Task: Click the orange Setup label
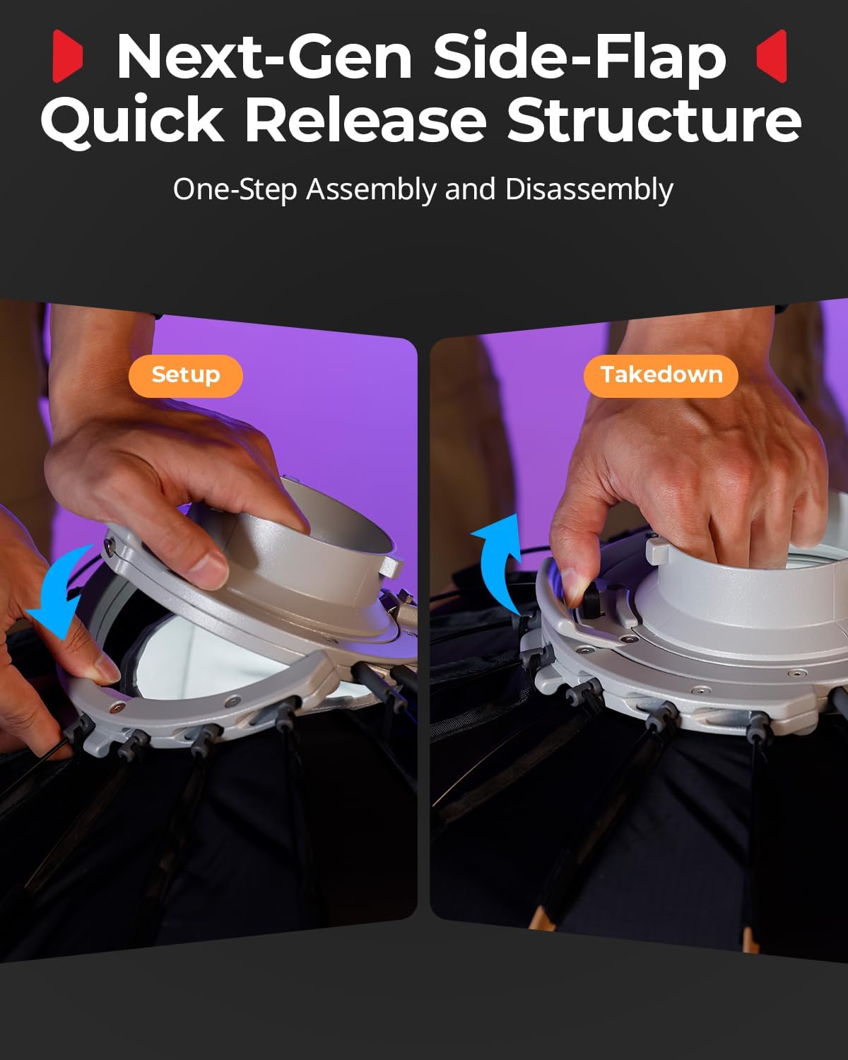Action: pos(186,376)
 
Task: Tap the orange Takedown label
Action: pos(661,376)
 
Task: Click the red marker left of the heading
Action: pos(67,56)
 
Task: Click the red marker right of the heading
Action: pos(772,56)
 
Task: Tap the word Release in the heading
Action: pos(365,119)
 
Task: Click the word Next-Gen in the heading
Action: pos(264,56)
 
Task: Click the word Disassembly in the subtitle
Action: pos(589,189)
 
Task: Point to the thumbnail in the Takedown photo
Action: pos(570,585)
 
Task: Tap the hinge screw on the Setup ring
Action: pos(110,546)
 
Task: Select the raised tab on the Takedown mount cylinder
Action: pos(656,550)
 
